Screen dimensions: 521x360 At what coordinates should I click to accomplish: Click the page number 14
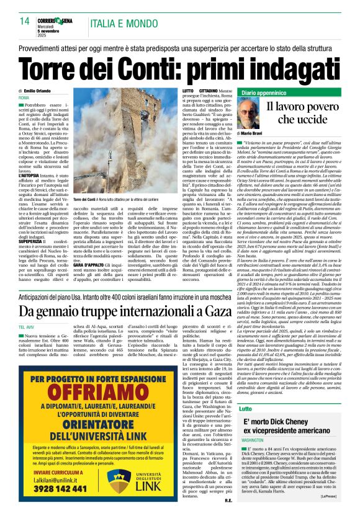(x=25, y=21)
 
